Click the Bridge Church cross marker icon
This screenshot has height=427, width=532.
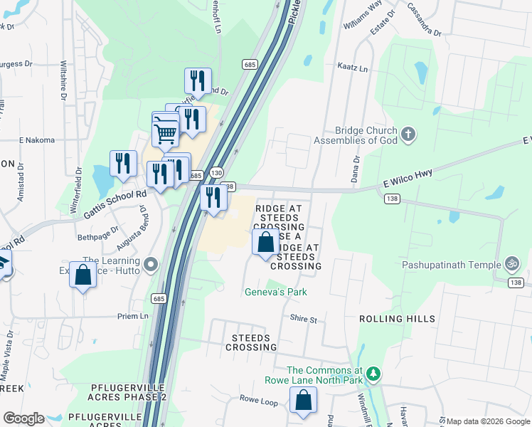point(408,133)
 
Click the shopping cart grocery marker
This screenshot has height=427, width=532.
point(165,131)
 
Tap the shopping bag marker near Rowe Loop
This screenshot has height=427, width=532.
point(303,401)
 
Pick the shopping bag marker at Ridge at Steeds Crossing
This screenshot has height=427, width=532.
point(265,243)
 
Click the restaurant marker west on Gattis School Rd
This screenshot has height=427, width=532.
point(123,164)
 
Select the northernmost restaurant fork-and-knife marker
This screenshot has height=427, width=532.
point(198,80)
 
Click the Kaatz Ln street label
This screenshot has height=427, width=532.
point(353,69)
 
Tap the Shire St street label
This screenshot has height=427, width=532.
point(303,320)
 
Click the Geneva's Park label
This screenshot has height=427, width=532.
point(275,292)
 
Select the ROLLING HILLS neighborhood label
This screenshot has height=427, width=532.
point(397,318)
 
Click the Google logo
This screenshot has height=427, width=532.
point(23,418)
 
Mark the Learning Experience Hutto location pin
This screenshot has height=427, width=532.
point(150,265)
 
